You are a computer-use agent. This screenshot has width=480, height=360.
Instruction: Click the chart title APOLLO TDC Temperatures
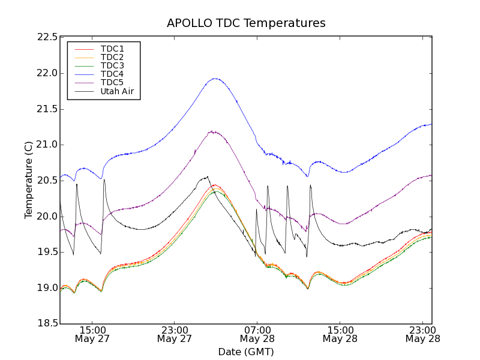coord(246,23)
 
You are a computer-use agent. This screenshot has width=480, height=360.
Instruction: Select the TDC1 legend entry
coord(112,49)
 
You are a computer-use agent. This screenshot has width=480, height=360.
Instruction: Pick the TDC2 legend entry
coord(112,57)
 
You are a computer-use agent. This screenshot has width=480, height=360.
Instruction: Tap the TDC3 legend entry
coord(112,65)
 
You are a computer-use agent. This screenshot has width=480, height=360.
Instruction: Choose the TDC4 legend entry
coord(112,74)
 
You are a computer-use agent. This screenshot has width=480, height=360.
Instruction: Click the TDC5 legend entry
coord(112,82)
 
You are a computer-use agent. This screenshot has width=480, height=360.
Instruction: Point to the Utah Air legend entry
coord(117,91)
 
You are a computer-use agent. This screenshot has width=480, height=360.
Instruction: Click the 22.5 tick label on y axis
coord(47,37)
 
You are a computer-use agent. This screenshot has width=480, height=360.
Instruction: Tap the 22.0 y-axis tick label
coord(47,73)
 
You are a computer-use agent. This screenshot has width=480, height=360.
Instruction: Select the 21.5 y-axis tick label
coord(47,109)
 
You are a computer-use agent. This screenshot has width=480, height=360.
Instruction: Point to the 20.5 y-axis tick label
coord(47,181)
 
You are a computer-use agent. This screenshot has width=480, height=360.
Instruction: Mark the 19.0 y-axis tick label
coord(47,288)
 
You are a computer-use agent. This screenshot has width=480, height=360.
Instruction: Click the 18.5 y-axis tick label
coord(47,324)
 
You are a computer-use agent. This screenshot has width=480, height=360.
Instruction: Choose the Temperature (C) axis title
coord(28,180)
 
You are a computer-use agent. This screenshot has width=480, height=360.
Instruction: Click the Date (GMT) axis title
coord(246,352)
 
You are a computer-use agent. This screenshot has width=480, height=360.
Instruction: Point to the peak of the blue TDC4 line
coord(215,78)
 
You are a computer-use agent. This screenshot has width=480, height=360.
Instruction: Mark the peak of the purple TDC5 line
coord(212,131)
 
